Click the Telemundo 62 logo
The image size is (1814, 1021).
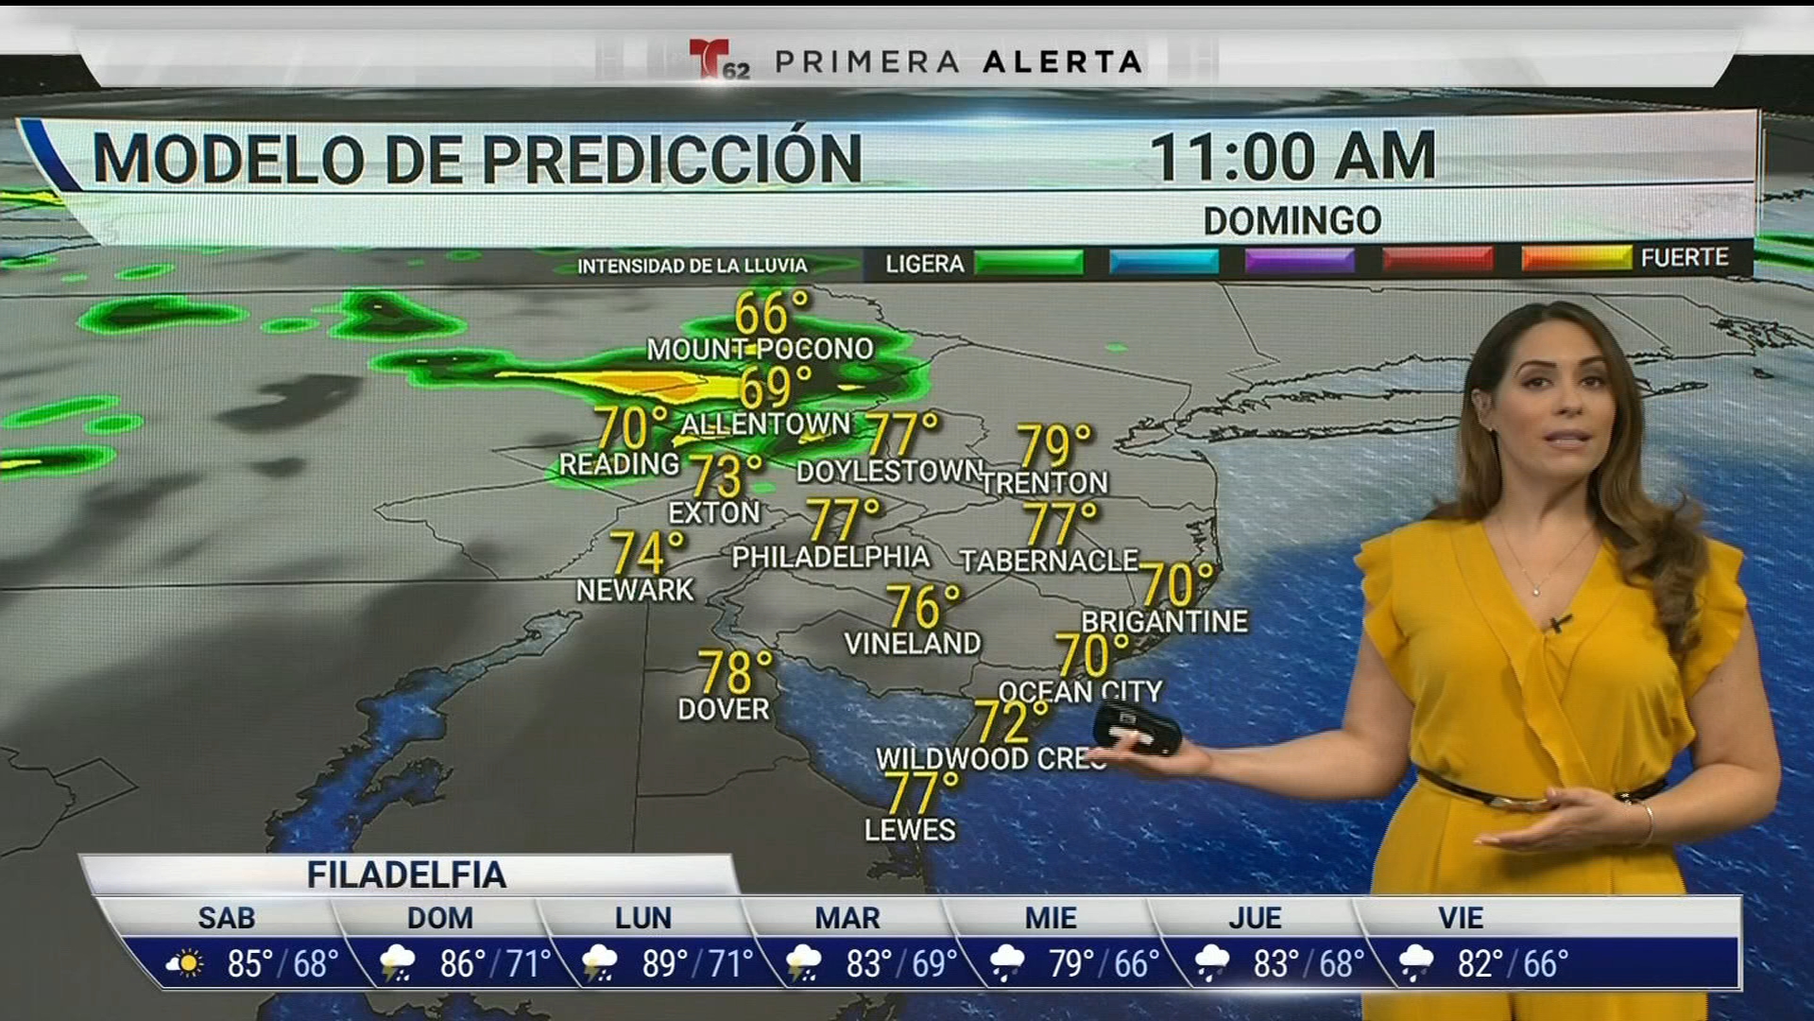718,60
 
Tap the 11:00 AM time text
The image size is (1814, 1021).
1292,157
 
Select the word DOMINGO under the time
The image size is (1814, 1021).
1292,221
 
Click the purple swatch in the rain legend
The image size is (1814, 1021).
1299,260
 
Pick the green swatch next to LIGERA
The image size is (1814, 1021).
1028,262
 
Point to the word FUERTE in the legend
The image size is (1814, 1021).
1685,257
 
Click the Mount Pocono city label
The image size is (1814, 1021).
760,349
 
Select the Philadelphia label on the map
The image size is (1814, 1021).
830,557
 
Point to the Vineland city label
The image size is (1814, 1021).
912,644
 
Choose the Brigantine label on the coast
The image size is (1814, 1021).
1164,621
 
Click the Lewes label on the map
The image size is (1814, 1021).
910,830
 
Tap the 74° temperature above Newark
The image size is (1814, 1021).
646,552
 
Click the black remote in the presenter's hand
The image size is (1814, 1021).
1137,730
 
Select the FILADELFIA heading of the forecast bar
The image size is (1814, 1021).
406,875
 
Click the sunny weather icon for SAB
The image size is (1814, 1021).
185,963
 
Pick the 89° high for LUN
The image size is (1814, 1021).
665,963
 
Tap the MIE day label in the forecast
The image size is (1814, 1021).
1051,918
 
